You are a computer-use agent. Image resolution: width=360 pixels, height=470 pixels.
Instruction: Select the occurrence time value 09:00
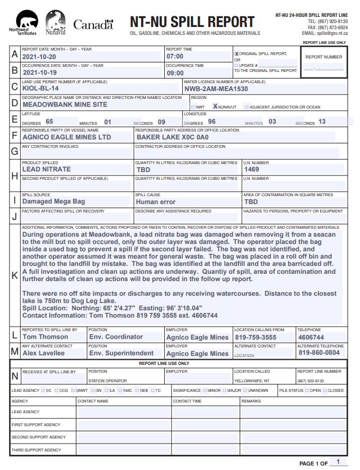click(175, 73)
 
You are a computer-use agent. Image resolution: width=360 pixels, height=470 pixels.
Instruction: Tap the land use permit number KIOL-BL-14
click(40, 89)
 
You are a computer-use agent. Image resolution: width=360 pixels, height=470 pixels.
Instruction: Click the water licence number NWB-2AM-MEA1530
click(216, 89)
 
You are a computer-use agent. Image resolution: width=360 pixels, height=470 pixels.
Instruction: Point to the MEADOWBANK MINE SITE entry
click(65, 105)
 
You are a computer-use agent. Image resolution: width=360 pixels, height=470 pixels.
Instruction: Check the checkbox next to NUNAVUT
click(215, 106)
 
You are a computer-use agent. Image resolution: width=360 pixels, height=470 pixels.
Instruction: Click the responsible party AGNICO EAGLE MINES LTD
click(66, 137)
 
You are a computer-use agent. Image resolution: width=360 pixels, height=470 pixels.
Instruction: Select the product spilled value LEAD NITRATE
click(46, 169)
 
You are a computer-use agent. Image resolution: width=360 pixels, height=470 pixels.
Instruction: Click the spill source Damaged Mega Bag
click(53, 201)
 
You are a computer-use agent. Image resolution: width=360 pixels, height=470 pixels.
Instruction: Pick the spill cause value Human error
click(156, 201)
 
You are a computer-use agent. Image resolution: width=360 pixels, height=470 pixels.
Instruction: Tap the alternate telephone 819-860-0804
click(319, 354)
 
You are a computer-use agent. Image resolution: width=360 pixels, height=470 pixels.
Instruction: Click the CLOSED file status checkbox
click(324, 390)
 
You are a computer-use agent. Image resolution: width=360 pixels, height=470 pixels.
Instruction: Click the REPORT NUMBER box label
click(323, 57)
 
